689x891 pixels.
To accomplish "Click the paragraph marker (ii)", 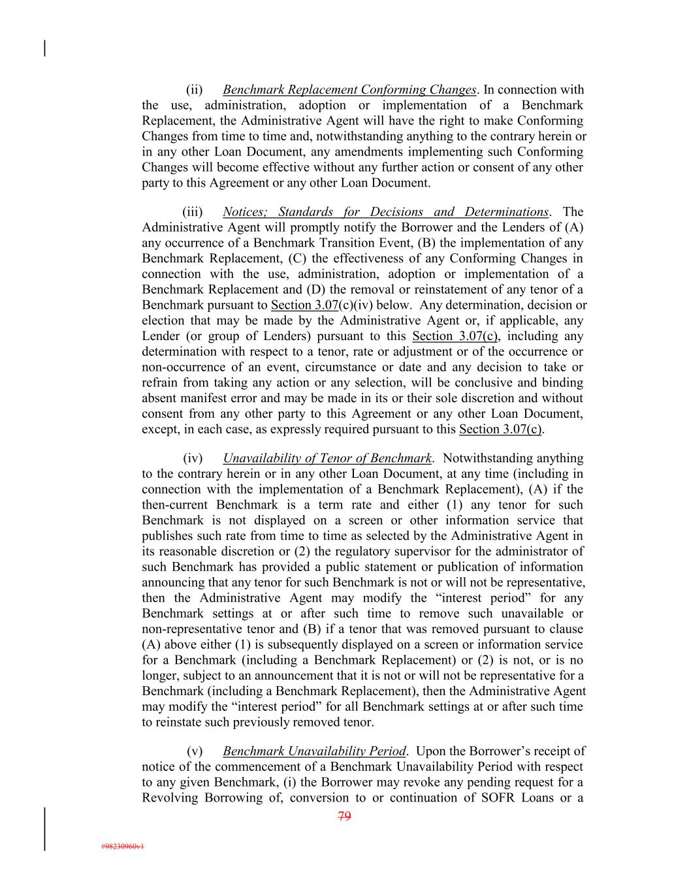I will click(195, 90).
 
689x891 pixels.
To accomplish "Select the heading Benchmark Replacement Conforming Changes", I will click(349, 90).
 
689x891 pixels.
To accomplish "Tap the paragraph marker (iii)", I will click(193, 212).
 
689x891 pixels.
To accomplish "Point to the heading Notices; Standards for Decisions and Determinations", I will click(385, 212).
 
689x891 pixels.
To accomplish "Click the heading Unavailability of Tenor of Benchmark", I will click(327, 459).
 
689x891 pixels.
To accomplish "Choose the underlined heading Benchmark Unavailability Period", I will click(314, 751).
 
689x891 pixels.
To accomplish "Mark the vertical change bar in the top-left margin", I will click(44, 48).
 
